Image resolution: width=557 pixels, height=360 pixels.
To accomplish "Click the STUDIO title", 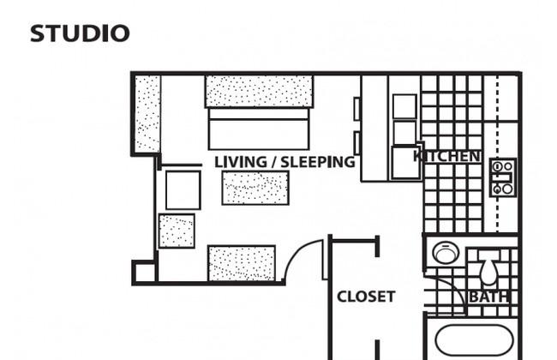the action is (x=80, y=33).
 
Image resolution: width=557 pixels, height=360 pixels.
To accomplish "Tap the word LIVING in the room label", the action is (x=241, y=162).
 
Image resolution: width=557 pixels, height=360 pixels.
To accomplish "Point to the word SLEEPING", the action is (x=318, y=162).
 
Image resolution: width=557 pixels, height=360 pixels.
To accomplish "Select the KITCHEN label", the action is (x=446, y=156).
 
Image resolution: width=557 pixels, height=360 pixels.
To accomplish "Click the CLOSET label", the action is (x=366, y=297).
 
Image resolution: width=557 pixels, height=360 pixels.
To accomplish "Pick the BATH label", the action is (x=488, y=297).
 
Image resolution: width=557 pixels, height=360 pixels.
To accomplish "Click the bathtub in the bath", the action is (x=474, y=340).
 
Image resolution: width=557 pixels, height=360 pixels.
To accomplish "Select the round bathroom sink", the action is (x=446, y=253).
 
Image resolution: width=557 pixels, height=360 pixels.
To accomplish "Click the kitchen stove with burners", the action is (x=503, y=177).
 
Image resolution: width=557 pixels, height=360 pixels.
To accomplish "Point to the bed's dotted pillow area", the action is (x=259, y=92).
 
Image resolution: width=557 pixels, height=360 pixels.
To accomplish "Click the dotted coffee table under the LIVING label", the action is (x=255, y=188).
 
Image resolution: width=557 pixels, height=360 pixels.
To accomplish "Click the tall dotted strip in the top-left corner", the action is (x=147, y=114).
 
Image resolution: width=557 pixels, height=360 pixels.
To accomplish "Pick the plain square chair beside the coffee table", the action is (x=183, y=190).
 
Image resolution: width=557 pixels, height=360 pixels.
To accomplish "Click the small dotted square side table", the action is (x=177, y=231).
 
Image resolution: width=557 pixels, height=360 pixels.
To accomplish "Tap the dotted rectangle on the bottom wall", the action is (x=242, y=263).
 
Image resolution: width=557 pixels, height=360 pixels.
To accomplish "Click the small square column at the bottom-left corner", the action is (x=143, y=273).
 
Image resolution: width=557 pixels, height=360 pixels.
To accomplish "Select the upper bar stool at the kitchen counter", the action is (x=357, y=109).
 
